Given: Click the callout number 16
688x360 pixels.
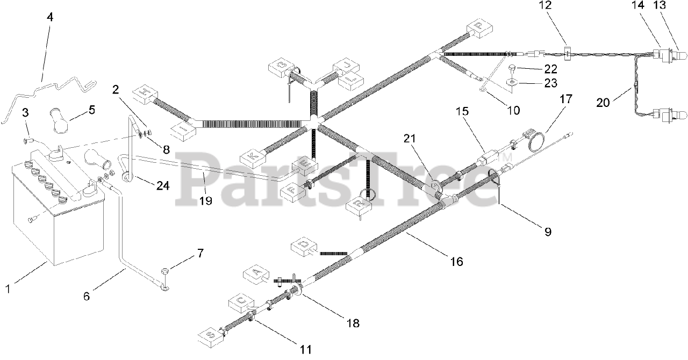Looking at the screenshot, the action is point(456,262).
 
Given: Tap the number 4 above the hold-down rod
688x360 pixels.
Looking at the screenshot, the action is point(50,17).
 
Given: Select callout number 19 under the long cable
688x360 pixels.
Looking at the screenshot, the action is point(205,201).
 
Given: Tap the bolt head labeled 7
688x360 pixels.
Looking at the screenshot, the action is point(166,269).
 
